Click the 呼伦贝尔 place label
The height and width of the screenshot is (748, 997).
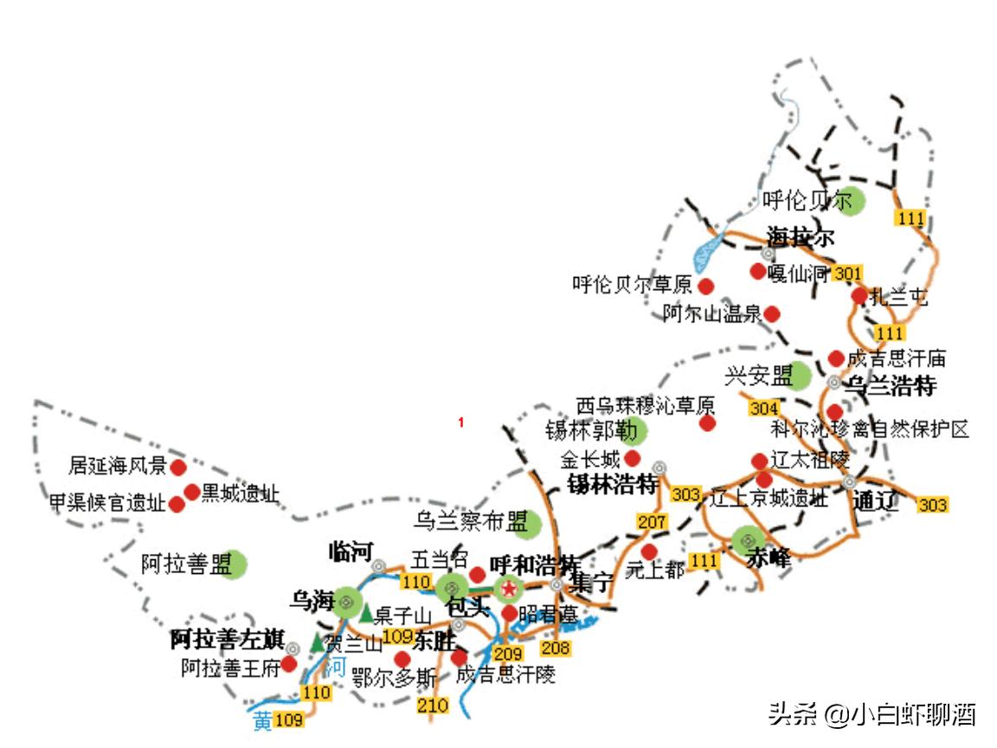point(807,202)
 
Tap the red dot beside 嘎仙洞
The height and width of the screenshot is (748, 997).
point(758,272)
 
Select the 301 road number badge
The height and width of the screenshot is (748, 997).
point(848,274)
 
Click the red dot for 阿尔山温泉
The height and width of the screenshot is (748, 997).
point(772,313)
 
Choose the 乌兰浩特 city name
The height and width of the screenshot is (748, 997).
point(891,385)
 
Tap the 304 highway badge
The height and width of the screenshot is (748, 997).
point(763,408)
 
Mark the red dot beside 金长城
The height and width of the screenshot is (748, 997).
point(633,458)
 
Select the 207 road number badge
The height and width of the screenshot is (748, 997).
point(652,522)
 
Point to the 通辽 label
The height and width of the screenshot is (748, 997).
point(875,501)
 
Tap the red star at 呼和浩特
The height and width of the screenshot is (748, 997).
point(509,589)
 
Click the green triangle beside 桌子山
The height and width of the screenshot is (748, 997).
point(366,613)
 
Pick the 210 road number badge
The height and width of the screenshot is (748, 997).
point(433,705)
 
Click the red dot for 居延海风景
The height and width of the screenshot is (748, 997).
point(178,467)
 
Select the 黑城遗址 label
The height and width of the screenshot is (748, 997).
point(241,494)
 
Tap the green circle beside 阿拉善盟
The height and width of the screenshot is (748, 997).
point(234,564)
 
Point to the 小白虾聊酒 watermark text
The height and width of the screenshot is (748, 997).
point(913,715)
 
